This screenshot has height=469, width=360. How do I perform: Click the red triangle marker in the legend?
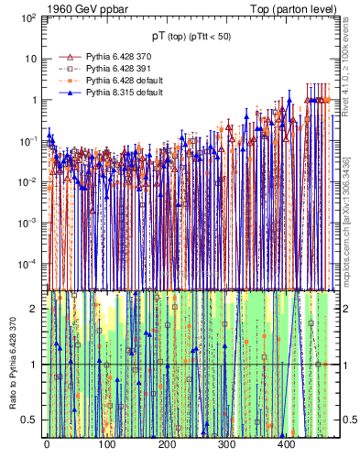coord(69,56)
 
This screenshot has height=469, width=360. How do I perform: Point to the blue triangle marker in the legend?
coord(69,92)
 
